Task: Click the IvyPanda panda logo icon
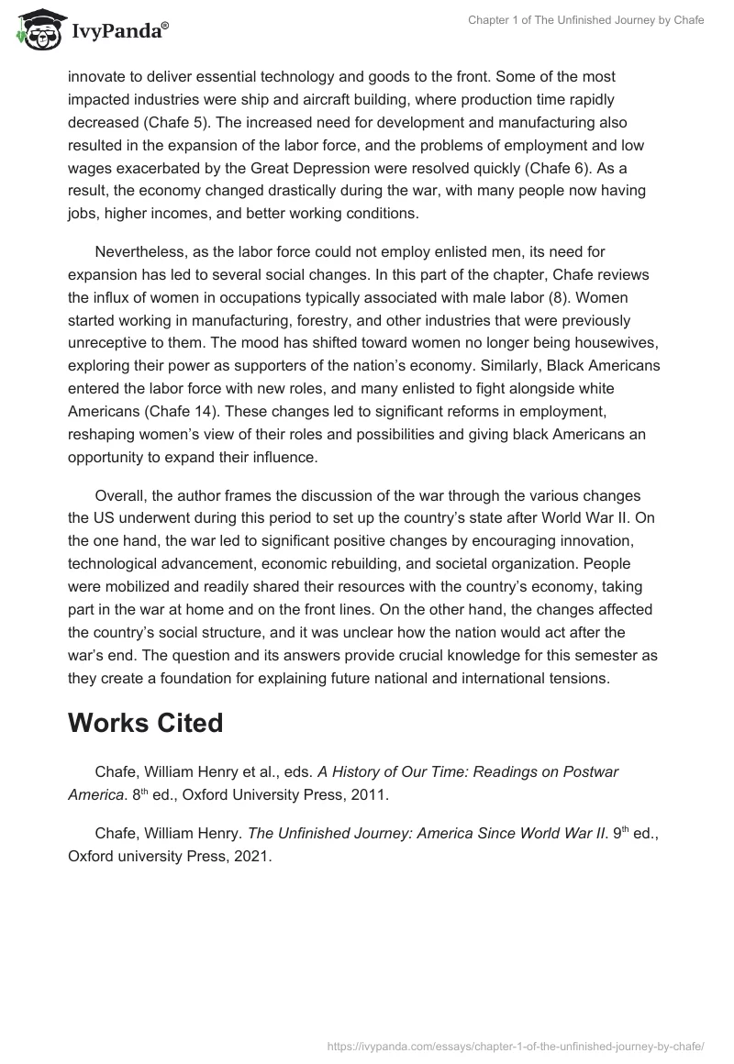tap(35, 30)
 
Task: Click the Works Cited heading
tap(145, 723)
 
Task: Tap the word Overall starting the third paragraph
tap(122, 496)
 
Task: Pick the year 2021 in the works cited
tap(251, 857)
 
